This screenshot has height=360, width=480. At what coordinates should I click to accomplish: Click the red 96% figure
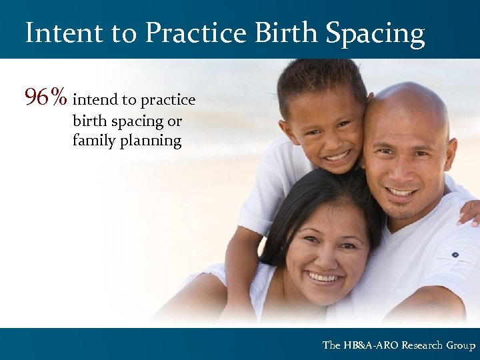point(45,98)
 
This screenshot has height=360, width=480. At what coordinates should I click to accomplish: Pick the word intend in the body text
point(94,100)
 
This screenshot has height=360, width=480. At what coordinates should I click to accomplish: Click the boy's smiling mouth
point(337,157)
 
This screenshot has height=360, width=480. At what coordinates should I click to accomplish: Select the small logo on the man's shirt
point(455,254)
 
